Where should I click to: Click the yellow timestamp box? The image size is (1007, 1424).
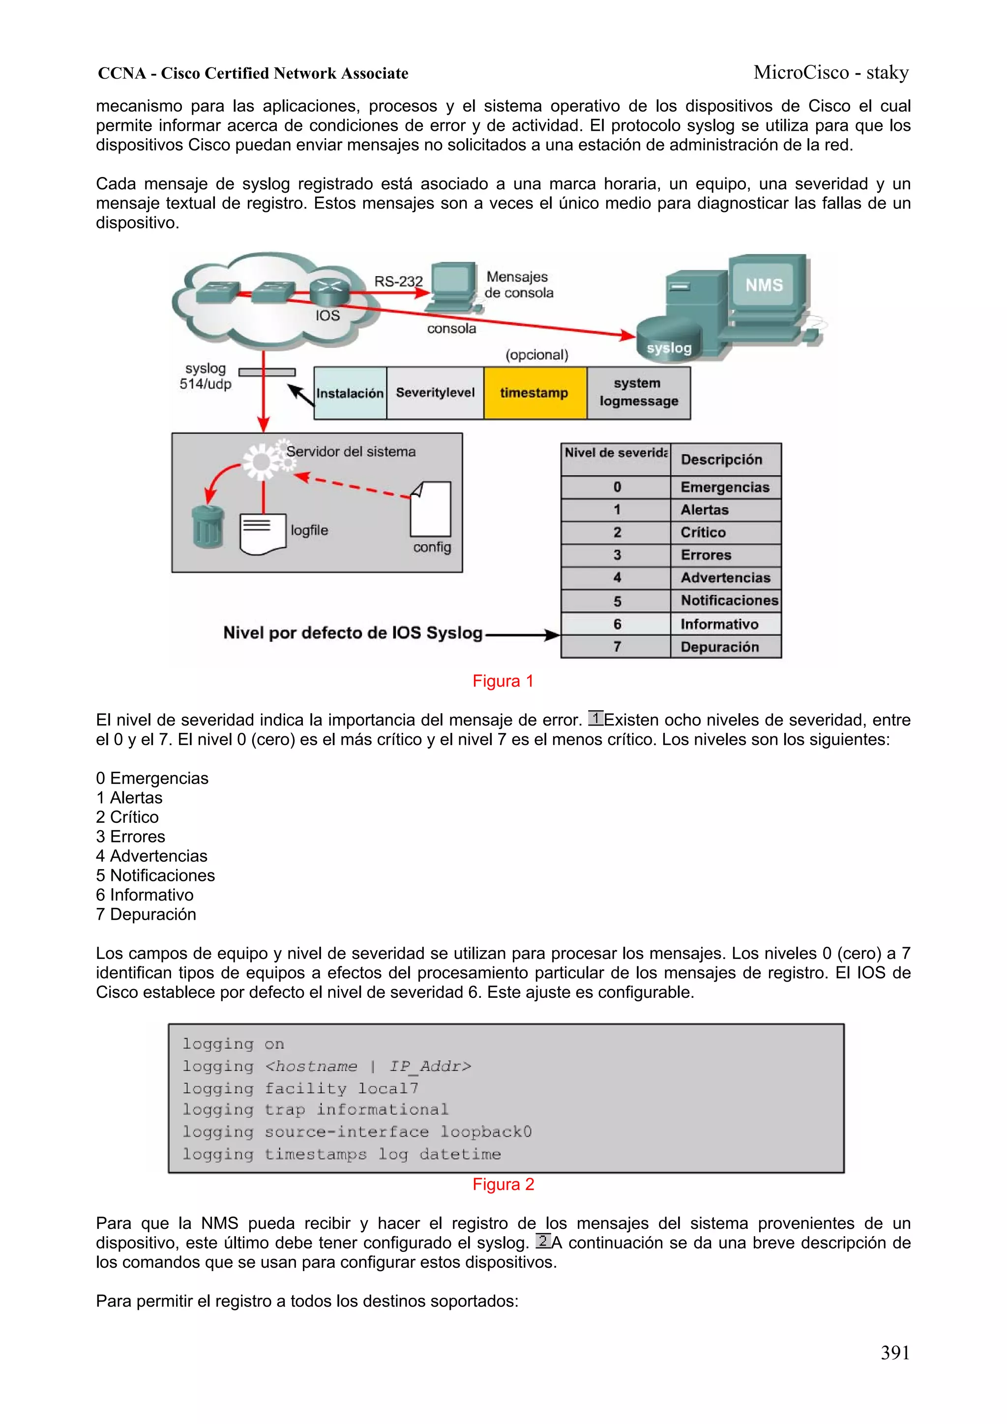pyautogui.click(x=534, y=393)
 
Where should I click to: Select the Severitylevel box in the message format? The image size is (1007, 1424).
pyautogui.click(x=435, y=393)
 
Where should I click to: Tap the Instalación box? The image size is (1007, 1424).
pyautogui.click(x=350, y=393)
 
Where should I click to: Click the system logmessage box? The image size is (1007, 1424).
pyautogui.click(x=638, y=393)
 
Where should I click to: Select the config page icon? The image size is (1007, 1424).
pyautogui.click(x=431, y=509)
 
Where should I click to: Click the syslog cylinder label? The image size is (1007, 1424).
pyautogui.click(x=669, y=348)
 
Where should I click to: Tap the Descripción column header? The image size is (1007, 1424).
pyautogui.click(x=722, y=460)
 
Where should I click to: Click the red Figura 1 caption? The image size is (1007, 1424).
pyautogui.click(x=503, y=681)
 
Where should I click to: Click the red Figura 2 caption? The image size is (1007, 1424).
pyautogui.click(x=503, y=1184)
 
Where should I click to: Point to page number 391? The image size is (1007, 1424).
pyautogui.click(x=895, y=1352)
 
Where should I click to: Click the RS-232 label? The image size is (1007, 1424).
pyautogui.click(x=398, y=282)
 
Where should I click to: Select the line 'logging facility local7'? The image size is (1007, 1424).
pyautogui.click(x=300, y=1088)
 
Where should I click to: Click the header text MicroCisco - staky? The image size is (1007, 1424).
pyautogui.click(x=831, y=73)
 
